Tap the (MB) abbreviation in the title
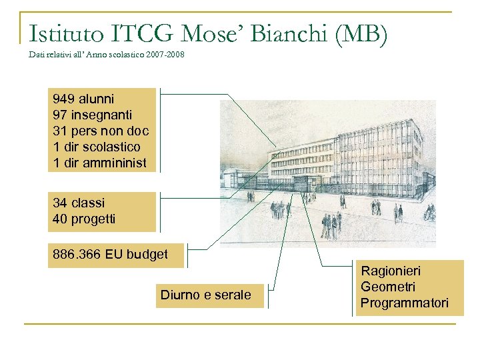362,34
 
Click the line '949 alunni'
83,99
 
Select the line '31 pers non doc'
101,131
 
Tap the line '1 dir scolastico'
97,146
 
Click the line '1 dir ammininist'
99,162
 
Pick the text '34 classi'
79,203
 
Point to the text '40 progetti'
84,219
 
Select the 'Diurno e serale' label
206,295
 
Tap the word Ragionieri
391,271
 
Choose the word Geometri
388,287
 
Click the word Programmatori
404,303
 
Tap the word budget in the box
147,254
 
